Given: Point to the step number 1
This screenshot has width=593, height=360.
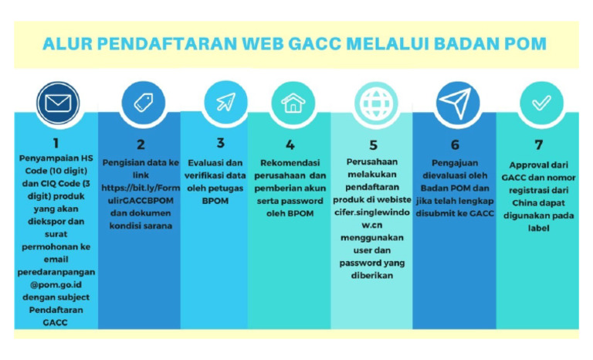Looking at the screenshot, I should click(56, 143).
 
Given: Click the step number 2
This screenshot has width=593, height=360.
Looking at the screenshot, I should click(141, 144).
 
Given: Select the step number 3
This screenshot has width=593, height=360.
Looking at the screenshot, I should click(221, 143).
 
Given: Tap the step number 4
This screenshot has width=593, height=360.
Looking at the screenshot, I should click(290, 144).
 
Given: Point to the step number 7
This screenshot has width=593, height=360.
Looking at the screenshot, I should click(537, 144).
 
